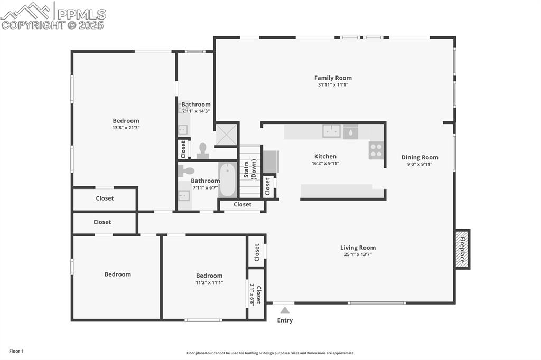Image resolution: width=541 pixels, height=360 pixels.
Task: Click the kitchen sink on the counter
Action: coord(331,131)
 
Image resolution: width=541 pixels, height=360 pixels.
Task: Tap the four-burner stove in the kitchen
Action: coord(376,150)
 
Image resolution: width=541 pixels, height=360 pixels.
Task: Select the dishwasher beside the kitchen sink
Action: coord(350,132)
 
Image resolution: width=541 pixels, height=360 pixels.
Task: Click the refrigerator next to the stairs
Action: coord(270,162)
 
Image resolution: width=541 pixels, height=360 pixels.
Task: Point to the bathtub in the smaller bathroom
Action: coord(228,179)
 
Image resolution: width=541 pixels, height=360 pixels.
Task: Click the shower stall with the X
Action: coord(227,134)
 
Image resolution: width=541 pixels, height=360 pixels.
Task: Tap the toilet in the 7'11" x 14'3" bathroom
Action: coord(202,151)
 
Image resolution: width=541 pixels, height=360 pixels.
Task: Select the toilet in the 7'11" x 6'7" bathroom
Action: coord(186,170)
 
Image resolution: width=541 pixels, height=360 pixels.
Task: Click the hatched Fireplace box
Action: coord(462,249)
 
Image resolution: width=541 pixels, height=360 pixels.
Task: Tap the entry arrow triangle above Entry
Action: coord(285,310)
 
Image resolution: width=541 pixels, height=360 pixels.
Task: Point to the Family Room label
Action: coord(333,78)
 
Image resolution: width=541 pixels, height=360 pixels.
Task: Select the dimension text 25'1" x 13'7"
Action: coord(358,254)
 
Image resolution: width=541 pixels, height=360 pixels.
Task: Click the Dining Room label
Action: coord(419,157)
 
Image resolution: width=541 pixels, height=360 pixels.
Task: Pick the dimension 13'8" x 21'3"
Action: coord(126,128)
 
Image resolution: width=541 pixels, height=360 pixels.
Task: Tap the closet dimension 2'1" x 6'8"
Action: coord(253,295)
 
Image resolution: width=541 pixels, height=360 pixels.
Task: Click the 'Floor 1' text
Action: coord(16,351)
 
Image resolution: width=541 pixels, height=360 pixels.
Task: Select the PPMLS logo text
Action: coord(81,14)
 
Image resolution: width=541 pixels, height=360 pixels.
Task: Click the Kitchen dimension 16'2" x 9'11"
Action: coord(325,164)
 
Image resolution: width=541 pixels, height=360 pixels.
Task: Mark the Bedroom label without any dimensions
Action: coord(117,274)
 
